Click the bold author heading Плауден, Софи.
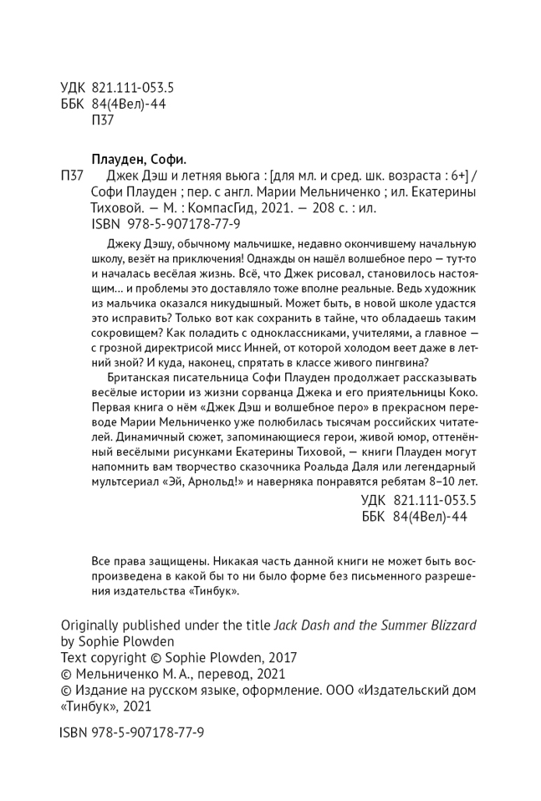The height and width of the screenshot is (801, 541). [x=138, y=159]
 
